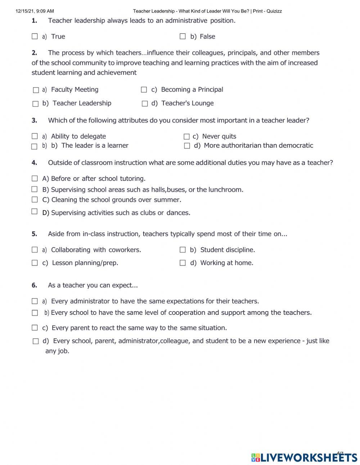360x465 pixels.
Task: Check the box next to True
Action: click(x=35, y=36)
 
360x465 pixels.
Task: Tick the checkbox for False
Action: click(x=183, y=36)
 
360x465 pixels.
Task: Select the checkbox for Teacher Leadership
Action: click(x=35, y=104)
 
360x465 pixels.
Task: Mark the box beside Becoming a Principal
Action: click(x=144, y=90)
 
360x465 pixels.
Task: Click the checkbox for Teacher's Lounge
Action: click(x=145, y=104)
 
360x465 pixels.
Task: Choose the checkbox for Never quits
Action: click(x=186, y=137)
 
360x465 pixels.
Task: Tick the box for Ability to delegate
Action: click(x=35, y=136)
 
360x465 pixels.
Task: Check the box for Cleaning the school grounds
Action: click(x=35, y=200)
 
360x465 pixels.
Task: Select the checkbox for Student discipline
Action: click(x=183, y=250)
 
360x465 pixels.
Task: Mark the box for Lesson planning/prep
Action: click(x=35, y=263)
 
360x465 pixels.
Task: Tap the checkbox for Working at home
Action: click(x=183, y=263)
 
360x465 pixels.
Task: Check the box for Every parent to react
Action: click(x=35, y=328)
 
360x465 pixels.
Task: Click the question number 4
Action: click(x=34, y=162)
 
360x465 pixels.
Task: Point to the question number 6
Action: click(x=34, y=285)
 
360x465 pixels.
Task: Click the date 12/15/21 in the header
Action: click(x=25, y=11)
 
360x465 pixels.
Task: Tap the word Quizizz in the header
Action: click(x=274, y=11)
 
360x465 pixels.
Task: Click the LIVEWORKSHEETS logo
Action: click(x=304, y=457)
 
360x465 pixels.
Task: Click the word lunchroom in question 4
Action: click(x=226, y=189)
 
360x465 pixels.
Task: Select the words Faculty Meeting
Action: click(x=75, y=89)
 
